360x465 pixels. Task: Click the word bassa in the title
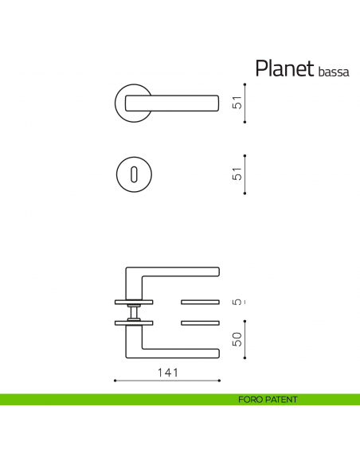tap(333, 72)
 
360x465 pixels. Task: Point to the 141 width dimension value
tap(166, 372)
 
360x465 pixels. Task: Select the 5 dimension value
tap(236, 302)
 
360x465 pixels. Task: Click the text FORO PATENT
tap(268, 400)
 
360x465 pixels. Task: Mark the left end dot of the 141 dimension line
tap(115, 381)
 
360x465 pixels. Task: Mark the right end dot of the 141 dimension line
tap(220, 381)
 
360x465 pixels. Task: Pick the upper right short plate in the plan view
tap(201, 302)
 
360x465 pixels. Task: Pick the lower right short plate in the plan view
tap(201, 322)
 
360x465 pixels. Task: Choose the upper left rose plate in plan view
tap(134, 302)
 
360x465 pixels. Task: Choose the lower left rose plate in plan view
tap(134, 322)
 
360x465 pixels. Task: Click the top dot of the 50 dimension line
tap(245, 322)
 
